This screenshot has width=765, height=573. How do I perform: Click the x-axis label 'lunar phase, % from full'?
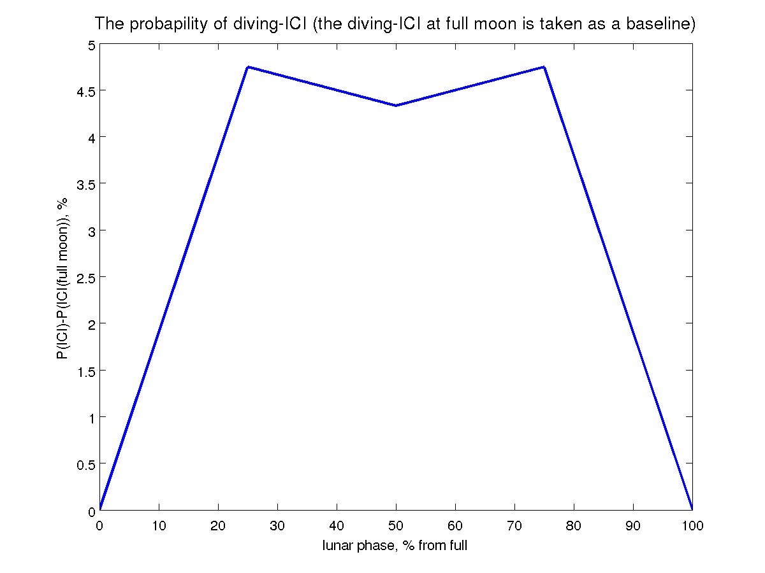[x=395, y=546]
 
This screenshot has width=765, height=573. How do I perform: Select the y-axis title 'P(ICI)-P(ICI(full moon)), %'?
[x=62, y=278]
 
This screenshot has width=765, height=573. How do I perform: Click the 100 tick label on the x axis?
[x=692, y=526]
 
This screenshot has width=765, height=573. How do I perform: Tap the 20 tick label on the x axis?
[x=218, y=526]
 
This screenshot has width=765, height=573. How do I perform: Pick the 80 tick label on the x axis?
[x=574, y=526]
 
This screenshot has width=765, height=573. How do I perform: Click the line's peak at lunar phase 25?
[x=248, y=67]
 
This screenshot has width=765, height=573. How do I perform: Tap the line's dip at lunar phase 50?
[x=396, y=106]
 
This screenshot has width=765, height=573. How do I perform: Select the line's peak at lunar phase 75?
[x=544, y=67]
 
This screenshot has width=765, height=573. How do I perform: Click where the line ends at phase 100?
[x=692, y=509]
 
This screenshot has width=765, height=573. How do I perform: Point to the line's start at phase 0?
[x=100, y=509]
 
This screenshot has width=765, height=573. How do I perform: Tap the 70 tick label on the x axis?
[x=514, y=526]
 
